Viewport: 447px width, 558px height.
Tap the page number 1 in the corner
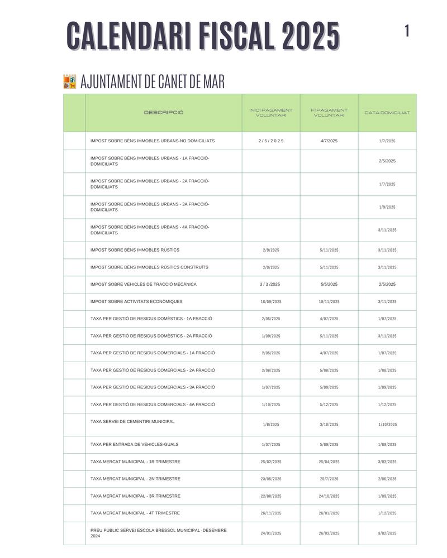407,31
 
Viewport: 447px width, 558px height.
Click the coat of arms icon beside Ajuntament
70,82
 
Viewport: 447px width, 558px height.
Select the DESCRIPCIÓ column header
164,113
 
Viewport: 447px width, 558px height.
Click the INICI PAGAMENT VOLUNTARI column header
271,113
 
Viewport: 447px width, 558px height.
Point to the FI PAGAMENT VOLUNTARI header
329,113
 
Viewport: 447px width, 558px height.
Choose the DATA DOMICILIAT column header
387,113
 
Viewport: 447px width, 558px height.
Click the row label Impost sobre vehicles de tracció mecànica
144,285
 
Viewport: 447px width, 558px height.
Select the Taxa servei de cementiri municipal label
132,421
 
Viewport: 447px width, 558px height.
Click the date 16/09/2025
271,302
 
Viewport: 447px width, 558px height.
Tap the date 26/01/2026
329,513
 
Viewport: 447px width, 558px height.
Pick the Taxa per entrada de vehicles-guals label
135,445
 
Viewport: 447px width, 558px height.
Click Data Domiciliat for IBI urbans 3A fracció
387,207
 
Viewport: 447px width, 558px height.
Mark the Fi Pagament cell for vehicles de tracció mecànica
329,285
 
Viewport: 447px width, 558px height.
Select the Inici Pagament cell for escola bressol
271,533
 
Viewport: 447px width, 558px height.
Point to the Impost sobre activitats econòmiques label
136,302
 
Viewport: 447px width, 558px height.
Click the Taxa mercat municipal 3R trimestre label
135,496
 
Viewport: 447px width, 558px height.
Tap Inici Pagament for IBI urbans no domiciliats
271,141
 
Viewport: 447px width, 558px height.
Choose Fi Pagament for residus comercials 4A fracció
329,405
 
